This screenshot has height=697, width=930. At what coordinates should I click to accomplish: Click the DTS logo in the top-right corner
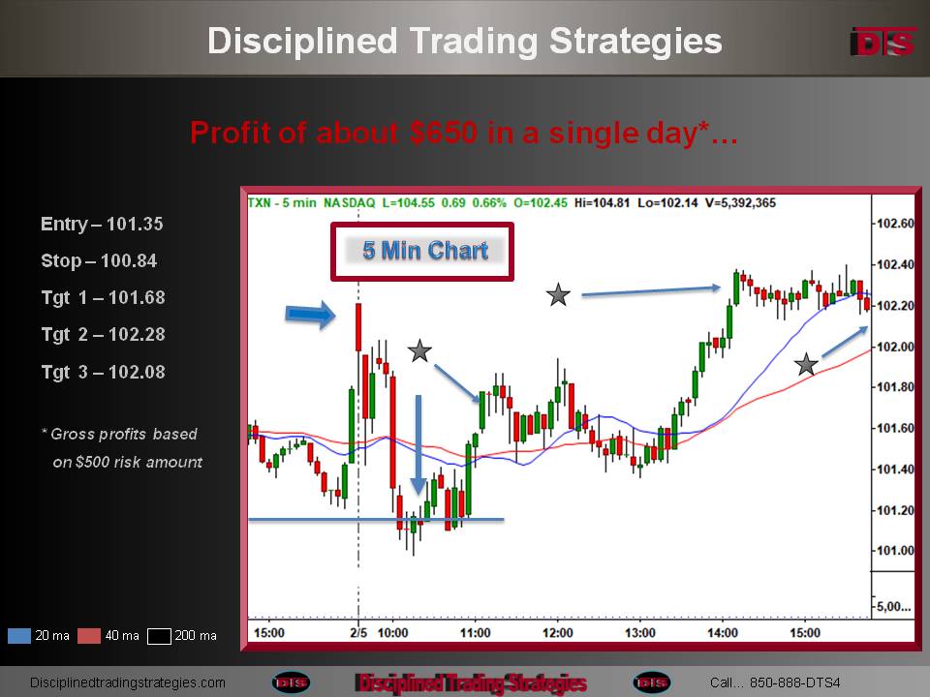[x=883, y=42]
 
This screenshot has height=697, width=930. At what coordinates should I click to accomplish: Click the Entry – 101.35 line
[x=102, y=224]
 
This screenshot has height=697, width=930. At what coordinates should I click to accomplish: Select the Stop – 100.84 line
[x=99, y=260]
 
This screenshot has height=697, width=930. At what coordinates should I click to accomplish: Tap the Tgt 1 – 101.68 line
[x=104, y=297]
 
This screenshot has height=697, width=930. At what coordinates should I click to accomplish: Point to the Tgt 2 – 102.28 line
[x=104, y=334]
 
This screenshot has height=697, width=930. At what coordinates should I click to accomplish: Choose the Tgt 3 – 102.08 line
[x=104, y=372]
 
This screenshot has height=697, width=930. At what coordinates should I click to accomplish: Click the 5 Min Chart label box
[x=422, y=252]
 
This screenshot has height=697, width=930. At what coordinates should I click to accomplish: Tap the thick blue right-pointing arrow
[x=310, y=314]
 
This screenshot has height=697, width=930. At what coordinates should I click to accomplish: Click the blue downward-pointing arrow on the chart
[x=418, y=444]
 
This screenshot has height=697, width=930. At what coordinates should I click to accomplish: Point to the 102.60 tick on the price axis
[x=895, y=224]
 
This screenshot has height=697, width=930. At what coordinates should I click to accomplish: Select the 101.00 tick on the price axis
[x=895, y=551]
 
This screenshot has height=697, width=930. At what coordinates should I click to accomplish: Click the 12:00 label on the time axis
[x=558, y=633]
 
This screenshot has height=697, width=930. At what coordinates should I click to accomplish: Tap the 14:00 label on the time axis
[x=723, y=633]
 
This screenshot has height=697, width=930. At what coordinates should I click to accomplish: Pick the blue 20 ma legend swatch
[x=19, y=636]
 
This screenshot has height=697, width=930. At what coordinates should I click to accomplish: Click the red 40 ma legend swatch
[x=89, y=636]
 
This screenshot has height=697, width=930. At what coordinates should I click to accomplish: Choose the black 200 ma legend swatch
[x=159, y=636]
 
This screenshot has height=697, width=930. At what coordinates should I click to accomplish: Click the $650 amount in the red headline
[x=443, y=133]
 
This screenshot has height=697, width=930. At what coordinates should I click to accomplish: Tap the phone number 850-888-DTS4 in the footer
[x=794, y=682]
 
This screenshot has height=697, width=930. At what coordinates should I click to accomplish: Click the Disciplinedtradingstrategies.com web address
[x=128, y=682]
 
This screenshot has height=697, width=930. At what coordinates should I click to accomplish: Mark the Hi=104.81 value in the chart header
[x=602, y=202]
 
